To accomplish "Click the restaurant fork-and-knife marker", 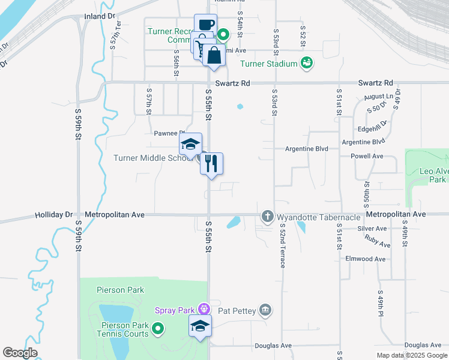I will point(211,163).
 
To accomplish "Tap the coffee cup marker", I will point(205,25).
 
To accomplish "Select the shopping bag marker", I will point(214,55).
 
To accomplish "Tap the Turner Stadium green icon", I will point(307,63).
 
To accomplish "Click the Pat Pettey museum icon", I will point(265,310).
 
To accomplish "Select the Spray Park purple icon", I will point(203,310).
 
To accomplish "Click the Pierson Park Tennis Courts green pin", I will point(158,328).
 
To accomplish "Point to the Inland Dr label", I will point(99,16).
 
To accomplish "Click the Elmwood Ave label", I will point(365,259).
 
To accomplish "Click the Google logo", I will point(20,353).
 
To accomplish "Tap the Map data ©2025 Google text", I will point(412,355).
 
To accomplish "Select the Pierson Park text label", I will point(120,290).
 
